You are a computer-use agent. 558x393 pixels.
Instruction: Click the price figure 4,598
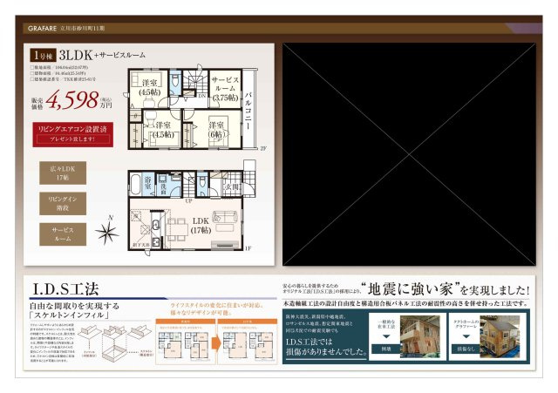pos(72,100)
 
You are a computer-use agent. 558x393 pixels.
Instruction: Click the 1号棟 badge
pos(42,54)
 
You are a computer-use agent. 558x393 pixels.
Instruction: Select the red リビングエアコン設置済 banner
pos(71,132)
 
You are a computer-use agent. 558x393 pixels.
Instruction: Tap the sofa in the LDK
pos(225,219)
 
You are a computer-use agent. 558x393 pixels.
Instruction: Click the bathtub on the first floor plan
pos(139,186)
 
